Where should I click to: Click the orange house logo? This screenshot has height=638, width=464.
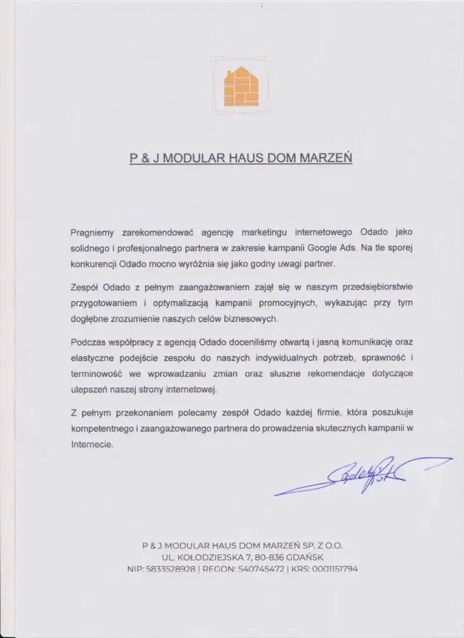(x=241, y=87)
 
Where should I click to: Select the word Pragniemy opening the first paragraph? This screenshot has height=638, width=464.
(x=92, y=232)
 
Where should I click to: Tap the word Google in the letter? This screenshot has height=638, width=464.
(x=323, y=247)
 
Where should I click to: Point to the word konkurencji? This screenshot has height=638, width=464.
(x=93, y=263)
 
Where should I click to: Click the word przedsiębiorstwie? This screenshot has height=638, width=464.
(x=376, y=287)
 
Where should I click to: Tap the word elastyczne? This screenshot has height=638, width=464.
(x=92, y=358)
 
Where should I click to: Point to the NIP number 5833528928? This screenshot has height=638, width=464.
(x=169, y=568)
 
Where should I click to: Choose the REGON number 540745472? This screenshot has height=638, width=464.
(x=260, y=568)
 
